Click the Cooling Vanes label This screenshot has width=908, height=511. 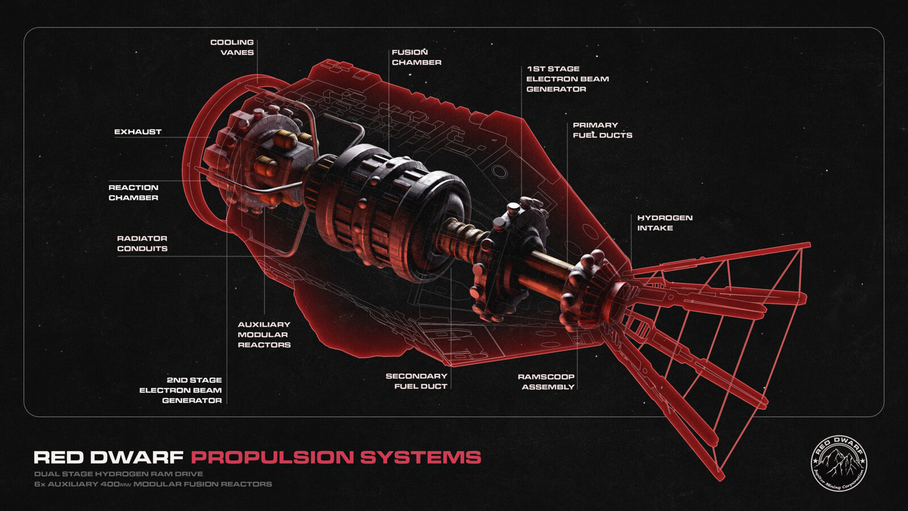(x=232, y=47)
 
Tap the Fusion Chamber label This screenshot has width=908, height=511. (x=416, y=57)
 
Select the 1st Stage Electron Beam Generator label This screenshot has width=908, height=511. (x=567, y=79)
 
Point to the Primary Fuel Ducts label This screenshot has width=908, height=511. (x=602, y=130)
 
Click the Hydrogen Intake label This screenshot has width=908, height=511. (x=664, y=223)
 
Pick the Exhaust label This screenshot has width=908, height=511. (x=138, y=132)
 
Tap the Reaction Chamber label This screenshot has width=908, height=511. (x=133, y=192)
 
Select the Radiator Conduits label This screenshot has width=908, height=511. (x=142, y=244)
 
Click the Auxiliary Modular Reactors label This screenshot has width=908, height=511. (x=264, y=334)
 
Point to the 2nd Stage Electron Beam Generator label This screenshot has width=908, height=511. (x=181, y=390)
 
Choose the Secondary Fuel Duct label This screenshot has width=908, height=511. (x=417, y=381)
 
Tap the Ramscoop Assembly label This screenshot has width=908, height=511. (x=547, y=382)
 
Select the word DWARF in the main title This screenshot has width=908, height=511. (x=137, y=458)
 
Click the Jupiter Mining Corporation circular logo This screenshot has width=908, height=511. (x=839, y=463)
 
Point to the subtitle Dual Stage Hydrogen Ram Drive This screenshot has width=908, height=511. (x=119, y=474)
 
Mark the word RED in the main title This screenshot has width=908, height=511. (x=59, y=458)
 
